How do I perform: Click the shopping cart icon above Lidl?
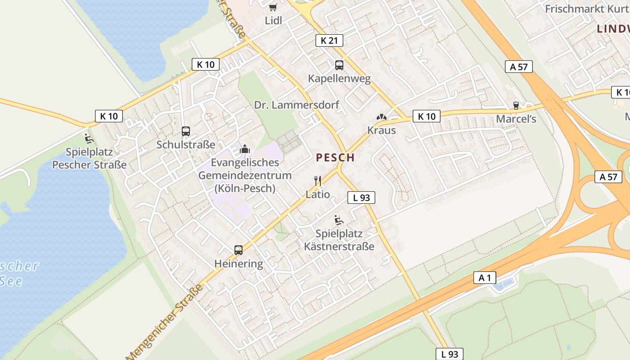[x=273, y=7]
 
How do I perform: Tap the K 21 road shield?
[x=329, y=40]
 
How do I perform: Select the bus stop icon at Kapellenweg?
[x=339, y=65]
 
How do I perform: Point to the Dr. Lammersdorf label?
[x=297, y=105]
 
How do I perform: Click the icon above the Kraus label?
[x=382, y=117]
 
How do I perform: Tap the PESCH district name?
[x=335, y=157]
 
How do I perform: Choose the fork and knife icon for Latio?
[x=318, y=181]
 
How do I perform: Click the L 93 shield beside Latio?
[x=361, y=197]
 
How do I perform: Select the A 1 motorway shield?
[x=485, y=278]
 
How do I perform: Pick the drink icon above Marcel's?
[x=516, y=105]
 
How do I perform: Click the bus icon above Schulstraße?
[x=186, y=131]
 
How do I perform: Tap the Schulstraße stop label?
[x=186, y=144]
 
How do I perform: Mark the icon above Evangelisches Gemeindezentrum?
[x=245, y=149]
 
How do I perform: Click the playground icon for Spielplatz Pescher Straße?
[x=89, y=138]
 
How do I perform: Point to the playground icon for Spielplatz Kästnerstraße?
[x=339, y=220]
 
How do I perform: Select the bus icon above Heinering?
[x=238, y=250]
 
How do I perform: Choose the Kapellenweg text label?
[x=339, y=78]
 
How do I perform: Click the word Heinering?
[x=238, y=264]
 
